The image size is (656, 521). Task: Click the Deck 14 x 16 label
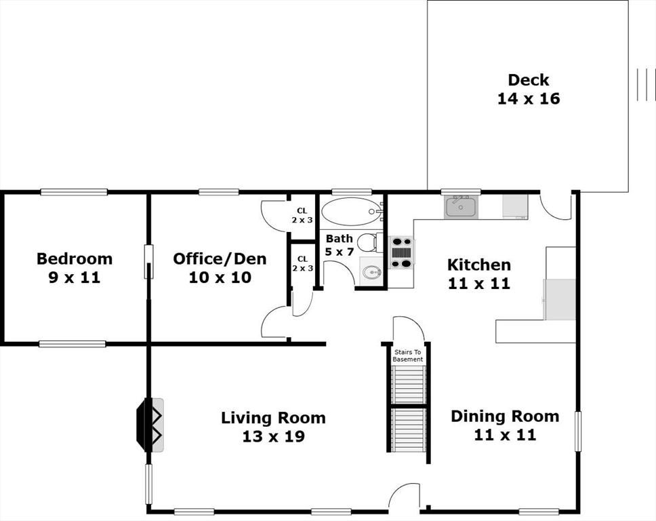(x=529, y=89)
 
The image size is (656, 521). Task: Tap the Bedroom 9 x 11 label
(x=75, y=268)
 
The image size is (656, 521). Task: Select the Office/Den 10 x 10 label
(x=220, y=268)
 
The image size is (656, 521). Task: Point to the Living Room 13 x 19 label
(x=273, y=427)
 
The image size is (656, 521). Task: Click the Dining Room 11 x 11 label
(x=505, y=425)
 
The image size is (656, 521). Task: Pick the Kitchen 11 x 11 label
(x=479, y=274)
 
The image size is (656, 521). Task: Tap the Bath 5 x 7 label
(x=340, y=245)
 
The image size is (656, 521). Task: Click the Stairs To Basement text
(x=408, y=355)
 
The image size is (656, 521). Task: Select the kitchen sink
(x=461, y=206)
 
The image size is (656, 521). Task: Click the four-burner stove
(x=402, y=252)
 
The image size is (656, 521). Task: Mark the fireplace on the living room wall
(x=150, y=425)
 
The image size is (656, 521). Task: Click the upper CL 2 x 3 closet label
(x=302, y=215)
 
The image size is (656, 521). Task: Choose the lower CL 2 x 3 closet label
(x=302, y=264)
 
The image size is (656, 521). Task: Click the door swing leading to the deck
(x=555, y=206)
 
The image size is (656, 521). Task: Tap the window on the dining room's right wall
(x=578, y=431)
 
